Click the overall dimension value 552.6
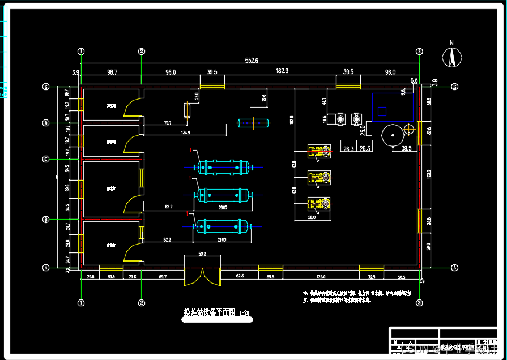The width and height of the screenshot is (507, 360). click(x=252, y=60)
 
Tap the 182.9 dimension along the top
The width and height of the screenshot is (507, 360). click(x=282, y=71)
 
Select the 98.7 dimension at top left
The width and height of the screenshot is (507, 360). click(x=112, y=72)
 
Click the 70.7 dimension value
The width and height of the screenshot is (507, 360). click(x=168, y=123)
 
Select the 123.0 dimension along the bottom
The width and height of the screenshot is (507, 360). click(x=321, y=277)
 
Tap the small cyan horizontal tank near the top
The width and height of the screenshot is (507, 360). click(x=253, y=122)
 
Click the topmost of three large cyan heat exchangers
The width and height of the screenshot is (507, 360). click(x=221, y=167)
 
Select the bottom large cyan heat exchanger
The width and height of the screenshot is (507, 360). click(x=221, y=226)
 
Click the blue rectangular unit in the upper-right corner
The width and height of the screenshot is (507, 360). click(x=393, y=107)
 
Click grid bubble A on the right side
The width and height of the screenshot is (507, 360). click(x=454, y=267)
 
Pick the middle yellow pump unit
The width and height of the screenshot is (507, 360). click(x=319, y=178)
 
